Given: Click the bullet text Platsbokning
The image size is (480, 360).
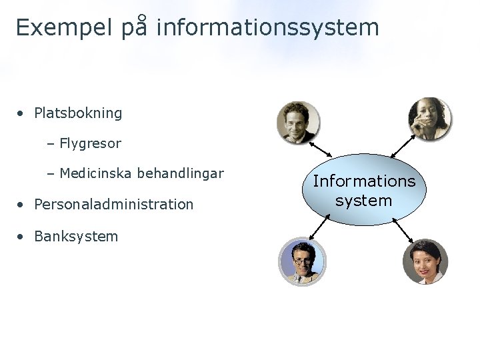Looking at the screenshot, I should point(78,113).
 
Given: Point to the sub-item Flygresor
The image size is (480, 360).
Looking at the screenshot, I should point(90,143).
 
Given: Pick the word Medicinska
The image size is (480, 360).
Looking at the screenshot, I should point(95,174).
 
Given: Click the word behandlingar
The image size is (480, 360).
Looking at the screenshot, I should point(180,174).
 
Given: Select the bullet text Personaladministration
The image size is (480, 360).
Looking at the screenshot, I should point(113,205).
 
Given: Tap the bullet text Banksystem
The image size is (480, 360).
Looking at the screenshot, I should point(76,237).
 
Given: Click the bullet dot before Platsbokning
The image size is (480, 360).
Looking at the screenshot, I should point(22,113).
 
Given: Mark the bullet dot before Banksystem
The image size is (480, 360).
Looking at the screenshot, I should point(22,237).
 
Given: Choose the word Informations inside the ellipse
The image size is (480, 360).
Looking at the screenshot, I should point(364,181).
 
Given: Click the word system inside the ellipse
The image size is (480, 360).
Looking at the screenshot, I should point(364,200).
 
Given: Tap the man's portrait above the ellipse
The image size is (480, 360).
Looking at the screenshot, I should point(298,122).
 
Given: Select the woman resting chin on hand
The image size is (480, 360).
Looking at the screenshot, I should point(429,119).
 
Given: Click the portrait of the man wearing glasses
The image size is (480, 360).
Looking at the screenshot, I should point(301,262).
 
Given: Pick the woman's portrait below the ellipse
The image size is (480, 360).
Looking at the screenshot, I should point(425,262).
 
